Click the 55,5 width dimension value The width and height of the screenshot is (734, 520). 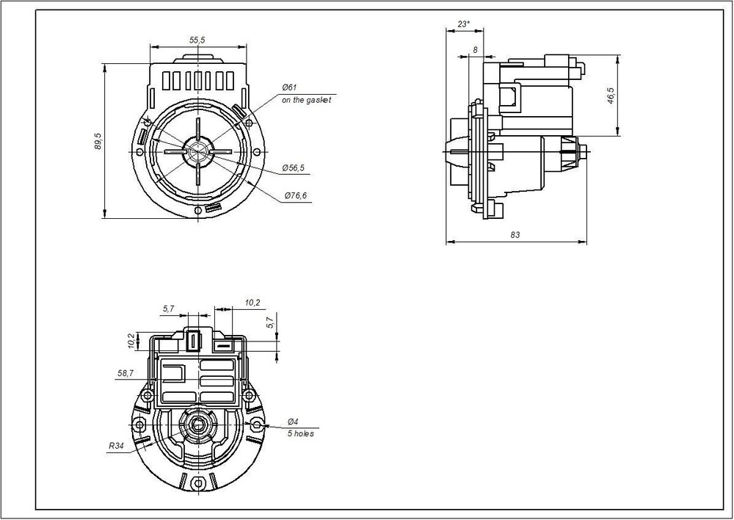[x=197, y=40]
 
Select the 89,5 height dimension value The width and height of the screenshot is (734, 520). [x=98, y=141]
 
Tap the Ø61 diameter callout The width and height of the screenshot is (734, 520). [x=289, y=87]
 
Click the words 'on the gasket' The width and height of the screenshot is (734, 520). [x=306, y=100]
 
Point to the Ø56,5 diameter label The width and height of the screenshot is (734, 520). [x=294, y=167]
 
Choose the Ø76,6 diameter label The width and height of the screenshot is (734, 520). [x=296, y=195]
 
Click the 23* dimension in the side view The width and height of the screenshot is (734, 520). [x=464, y=24]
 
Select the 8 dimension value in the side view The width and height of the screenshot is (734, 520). [x=476, y=50]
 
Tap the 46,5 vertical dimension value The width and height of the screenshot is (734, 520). [x=611, y=95]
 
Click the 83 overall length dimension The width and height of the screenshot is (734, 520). [x=515, y=235]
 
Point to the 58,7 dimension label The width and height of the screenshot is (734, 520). [x=126, y=373]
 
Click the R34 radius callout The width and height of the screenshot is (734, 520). [x=116, y=446]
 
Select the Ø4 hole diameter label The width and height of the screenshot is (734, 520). [x=293, y=422]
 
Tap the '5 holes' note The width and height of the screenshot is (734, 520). [x=300, y=434]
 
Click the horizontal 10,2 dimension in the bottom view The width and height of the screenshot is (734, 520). [x=252, y=303]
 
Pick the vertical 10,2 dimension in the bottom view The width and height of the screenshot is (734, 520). [x=131, y=341]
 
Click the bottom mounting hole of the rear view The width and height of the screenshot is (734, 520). [x=198, y=483]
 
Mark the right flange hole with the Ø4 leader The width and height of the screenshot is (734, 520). [x=257, y=425]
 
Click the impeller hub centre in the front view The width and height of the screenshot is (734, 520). [x=198, y=151]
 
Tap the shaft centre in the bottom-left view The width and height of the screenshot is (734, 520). [x=198, y=425]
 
